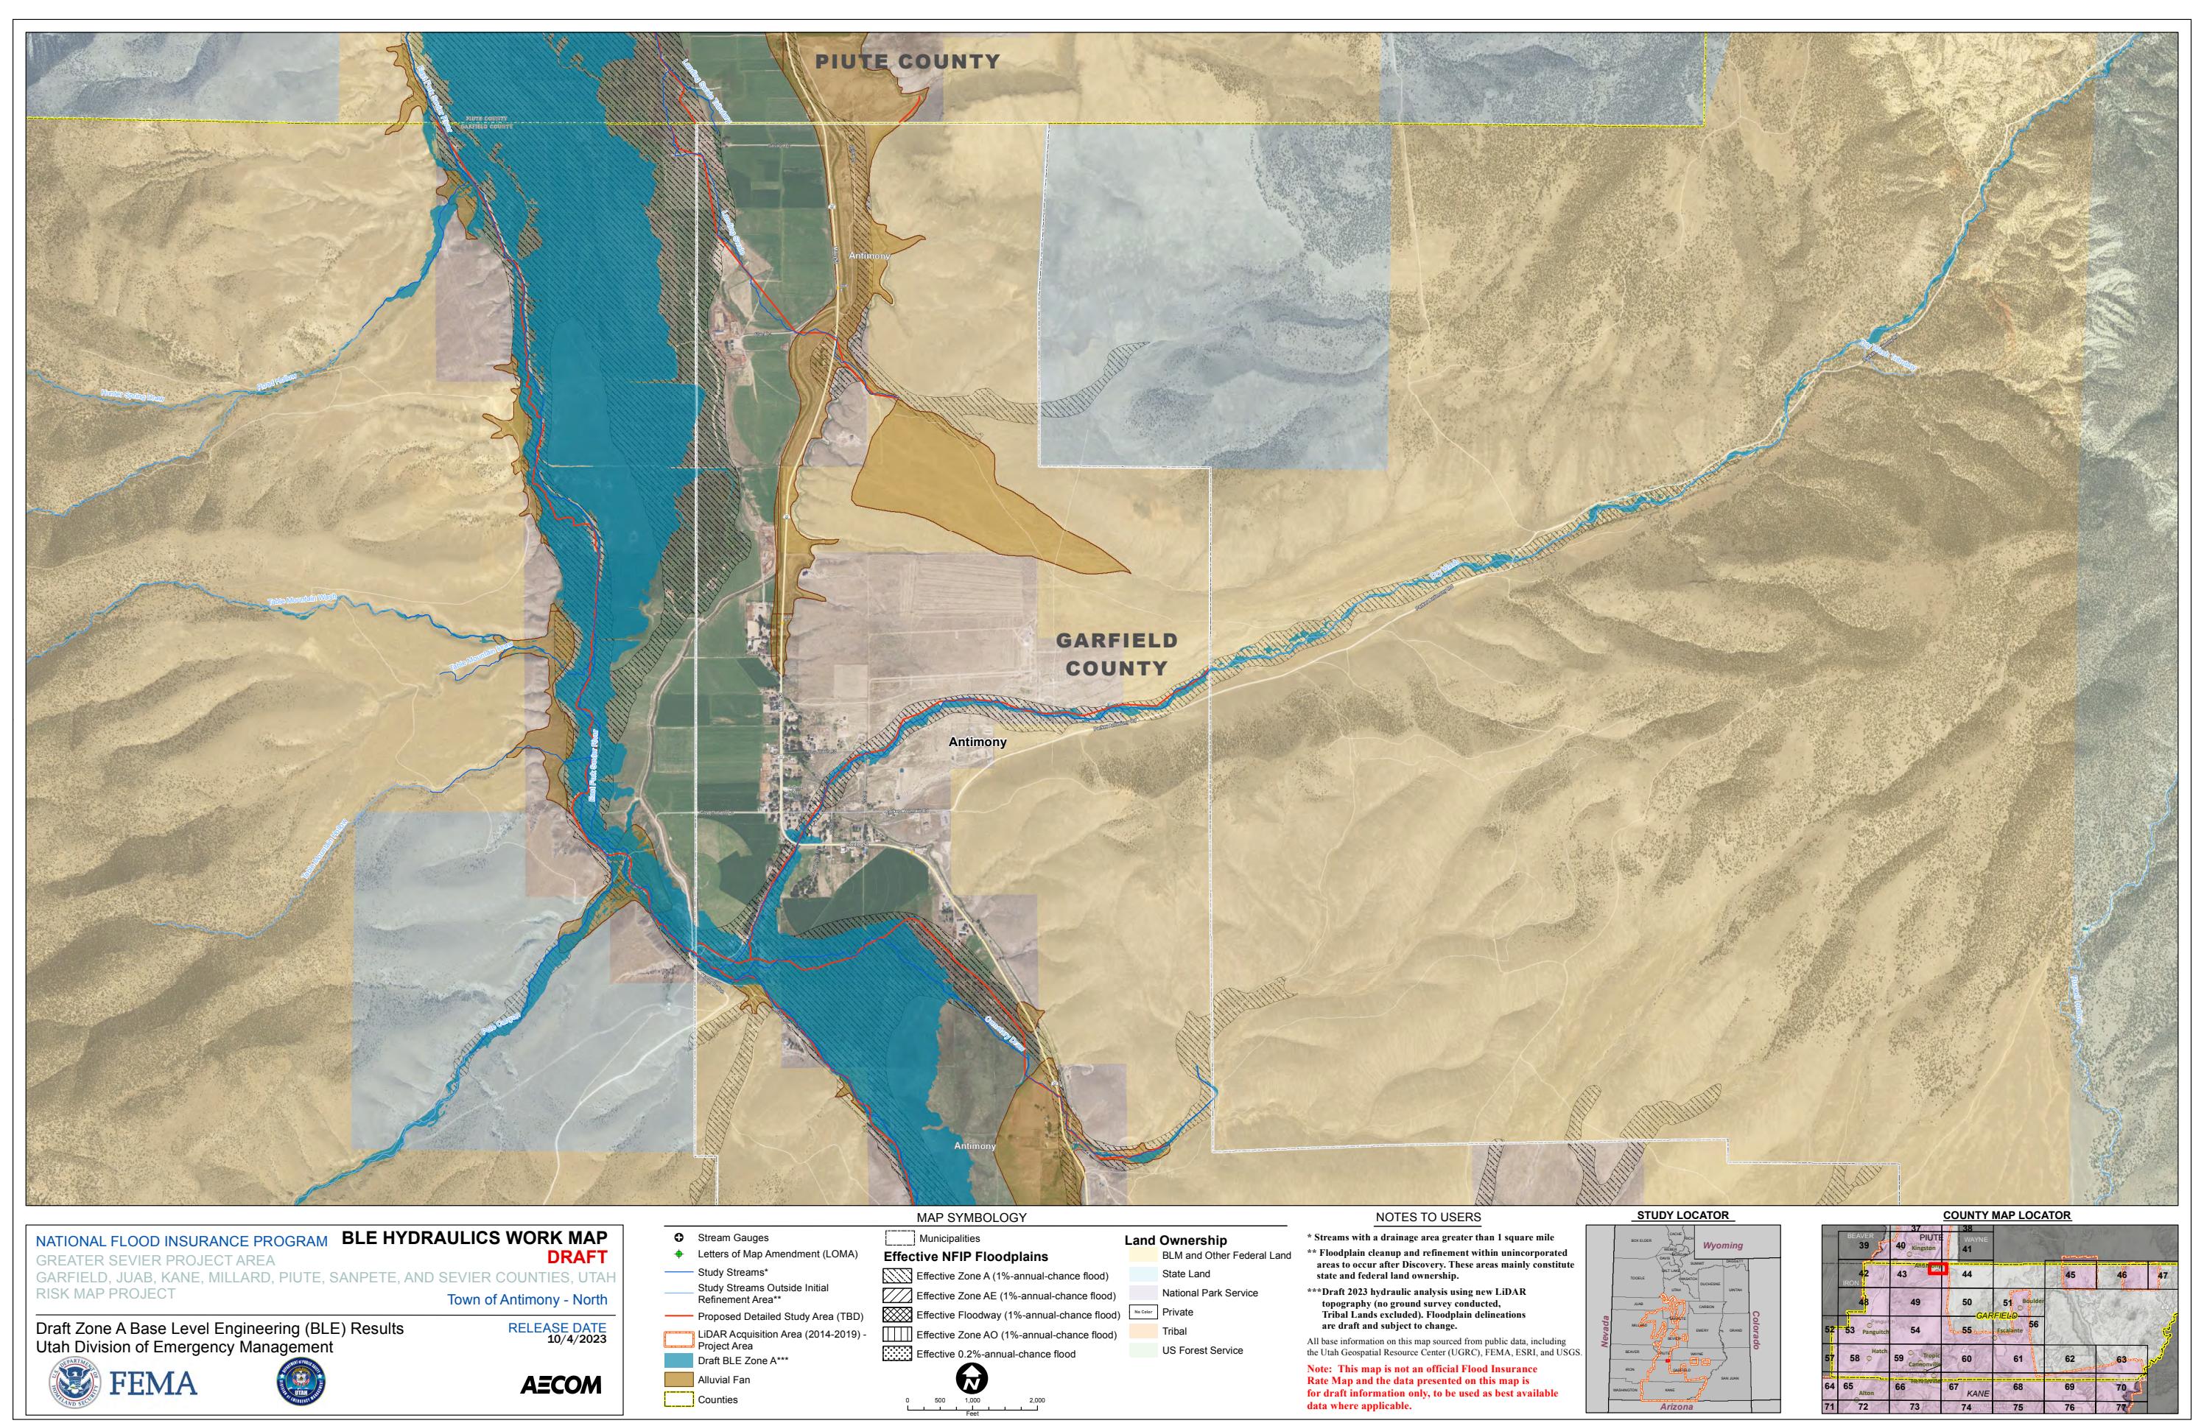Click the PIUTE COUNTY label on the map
(908, 61)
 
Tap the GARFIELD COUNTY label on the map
(1117, 654)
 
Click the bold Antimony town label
(977, 742)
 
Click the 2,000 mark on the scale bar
(1036, 1401)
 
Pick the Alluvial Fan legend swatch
(678, 1380)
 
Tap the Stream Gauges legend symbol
(678, 1237)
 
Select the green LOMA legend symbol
(678, 1254)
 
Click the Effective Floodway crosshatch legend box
(897, 1315)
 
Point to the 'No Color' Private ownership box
(1143, 1312)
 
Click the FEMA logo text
(152, 1384)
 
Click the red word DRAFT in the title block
(576, 1257)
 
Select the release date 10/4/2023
(576, 1339)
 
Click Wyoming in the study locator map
(1722, 1246)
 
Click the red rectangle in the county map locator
(1937, 1268)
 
